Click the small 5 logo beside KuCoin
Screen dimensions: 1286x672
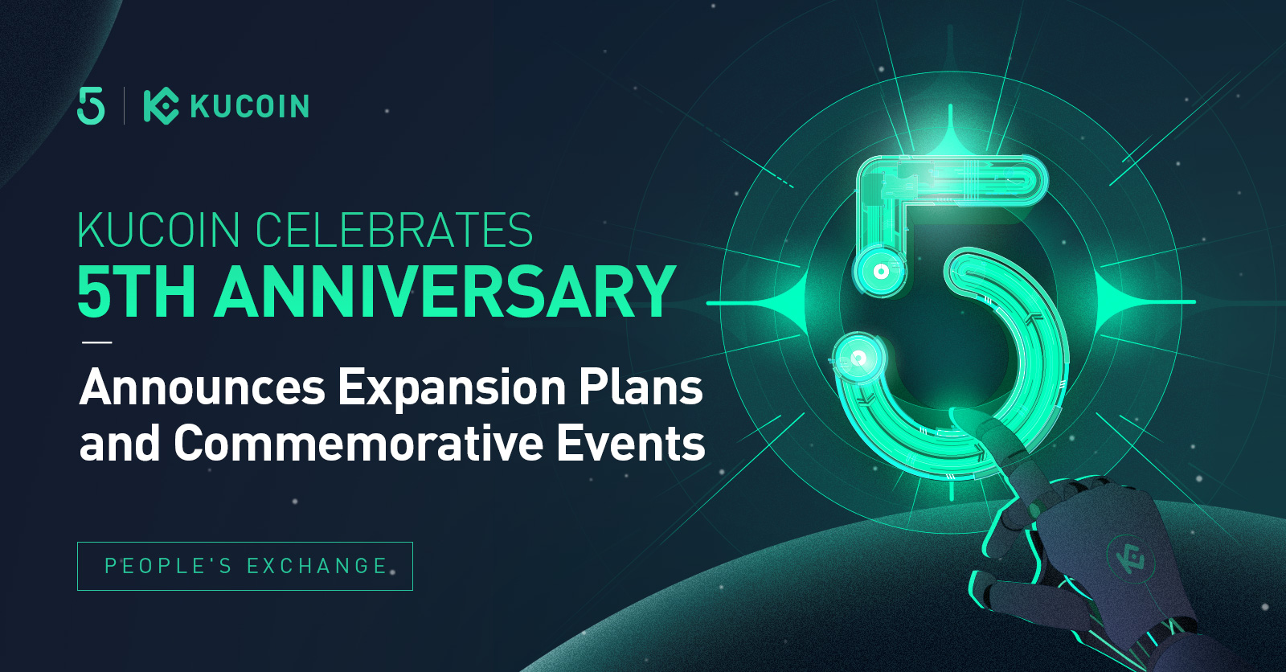point(91,105)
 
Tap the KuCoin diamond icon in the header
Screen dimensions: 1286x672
point(161,106)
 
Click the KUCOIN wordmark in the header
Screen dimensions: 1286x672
point(250,106)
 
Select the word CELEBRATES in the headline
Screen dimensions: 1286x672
point(394,231)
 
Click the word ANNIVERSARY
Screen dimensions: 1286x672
point(445,292)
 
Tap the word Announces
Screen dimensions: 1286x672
point(202,388)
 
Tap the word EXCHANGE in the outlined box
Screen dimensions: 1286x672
point(317,567)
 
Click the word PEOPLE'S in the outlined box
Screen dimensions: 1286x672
point(168,567)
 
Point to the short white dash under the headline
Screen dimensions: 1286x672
point(97,342)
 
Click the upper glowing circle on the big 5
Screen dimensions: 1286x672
point(879,271)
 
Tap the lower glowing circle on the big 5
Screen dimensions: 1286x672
point(858,359)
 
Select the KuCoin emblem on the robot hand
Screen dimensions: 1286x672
point(1129,557)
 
